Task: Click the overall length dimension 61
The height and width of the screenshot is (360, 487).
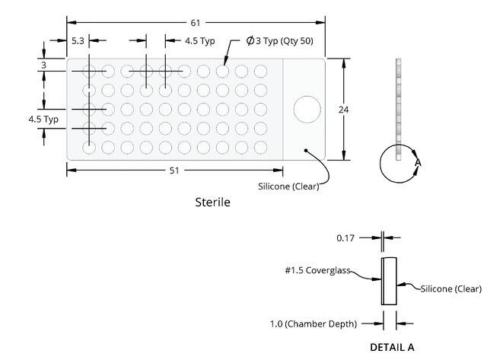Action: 196,23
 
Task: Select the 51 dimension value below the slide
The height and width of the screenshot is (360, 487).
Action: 174,170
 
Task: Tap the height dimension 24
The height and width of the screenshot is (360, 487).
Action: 343,110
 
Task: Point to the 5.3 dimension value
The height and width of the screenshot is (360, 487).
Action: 78,40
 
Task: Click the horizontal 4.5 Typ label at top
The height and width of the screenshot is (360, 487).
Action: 200,41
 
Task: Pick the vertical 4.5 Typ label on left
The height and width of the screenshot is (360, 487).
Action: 43,119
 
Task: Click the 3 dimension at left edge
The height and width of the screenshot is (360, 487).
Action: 44,65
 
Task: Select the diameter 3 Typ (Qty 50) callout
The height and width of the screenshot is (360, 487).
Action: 279,40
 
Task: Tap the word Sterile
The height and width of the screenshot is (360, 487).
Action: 213,202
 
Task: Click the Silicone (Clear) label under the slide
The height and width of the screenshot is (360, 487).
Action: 288,186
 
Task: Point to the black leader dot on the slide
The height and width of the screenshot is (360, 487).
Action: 306,151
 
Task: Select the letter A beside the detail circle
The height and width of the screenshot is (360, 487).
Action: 418,162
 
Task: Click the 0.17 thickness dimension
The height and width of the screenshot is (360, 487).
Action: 345,238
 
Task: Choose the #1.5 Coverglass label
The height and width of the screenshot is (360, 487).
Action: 318,270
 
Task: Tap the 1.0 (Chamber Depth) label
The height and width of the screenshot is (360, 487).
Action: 314,324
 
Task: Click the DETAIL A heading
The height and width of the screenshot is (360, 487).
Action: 393,347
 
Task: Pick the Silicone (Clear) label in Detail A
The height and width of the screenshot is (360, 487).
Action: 451,289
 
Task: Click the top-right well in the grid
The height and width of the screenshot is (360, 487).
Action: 260,72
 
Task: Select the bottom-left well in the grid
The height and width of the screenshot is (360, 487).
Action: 89,148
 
